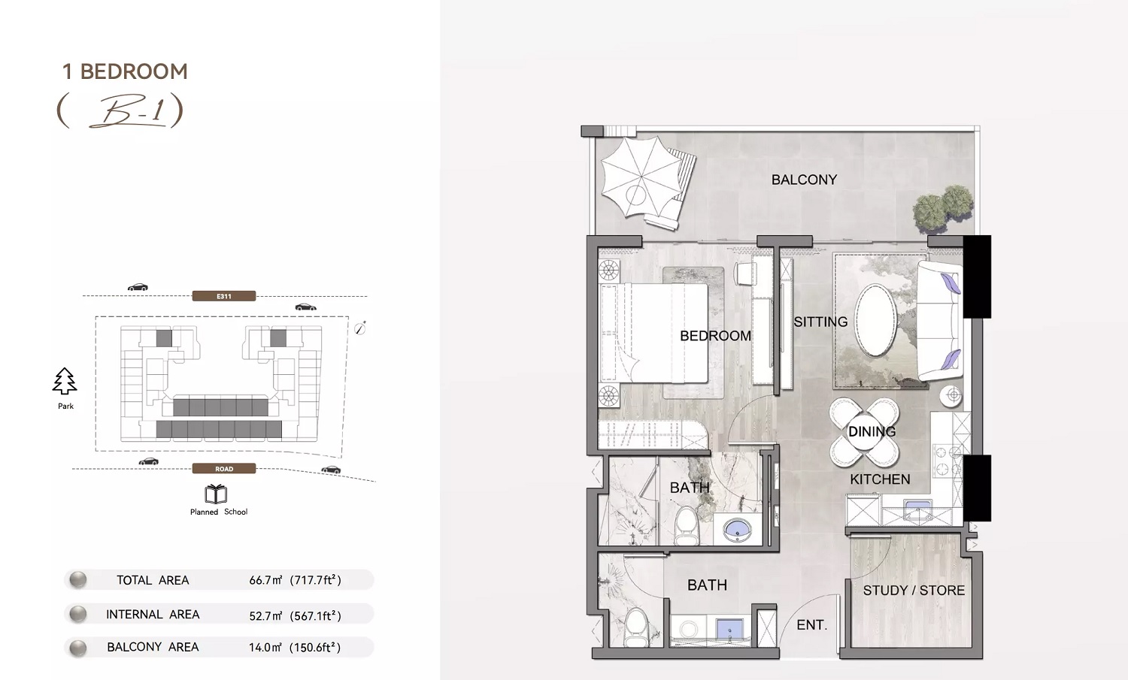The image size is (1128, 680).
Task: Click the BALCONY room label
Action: coord(804,180)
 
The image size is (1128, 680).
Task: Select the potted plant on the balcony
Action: coord(944,205)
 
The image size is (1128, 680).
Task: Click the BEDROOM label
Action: coord(715,336)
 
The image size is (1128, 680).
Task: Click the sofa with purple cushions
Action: coord(938,321)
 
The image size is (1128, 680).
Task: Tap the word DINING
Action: coord(872,431)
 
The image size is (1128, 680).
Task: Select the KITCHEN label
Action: coord(880,479)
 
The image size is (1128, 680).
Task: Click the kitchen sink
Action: coord(917,510)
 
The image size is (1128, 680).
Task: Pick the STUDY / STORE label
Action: coord(914,591)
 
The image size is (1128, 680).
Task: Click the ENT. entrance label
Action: coord(811,625)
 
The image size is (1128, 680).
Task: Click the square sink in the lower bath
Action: coord(728,628)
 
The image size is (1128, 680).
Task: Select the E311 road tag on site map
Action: coord(224,296)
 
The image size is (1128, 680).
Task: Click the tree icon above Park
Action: coord(65,382)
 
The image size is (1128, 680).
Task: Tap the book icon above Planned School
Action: coord(216,494)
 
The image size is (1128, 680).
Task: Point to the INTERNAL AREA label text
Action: coord(153,615)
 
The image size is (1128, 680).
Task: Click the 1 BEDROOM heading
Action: coord(125,71)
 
